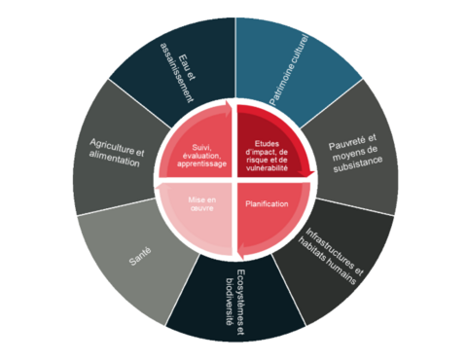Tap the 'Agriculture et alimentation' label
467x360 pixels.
[110, 154]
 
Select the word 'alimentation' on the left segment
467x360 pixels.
[109, 162]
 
